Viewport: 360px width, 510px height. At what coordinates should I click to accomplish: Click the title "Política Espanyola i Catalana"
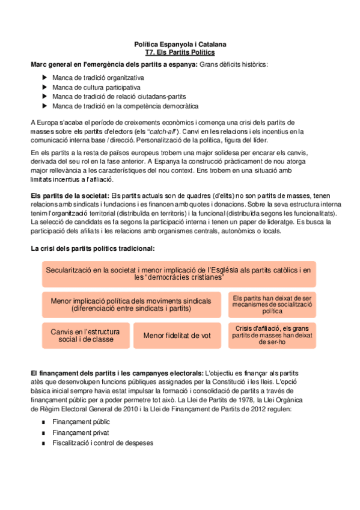[x=180, y=45]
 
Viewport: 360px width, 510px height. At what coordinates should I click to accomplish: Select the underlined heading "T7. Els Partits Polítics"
[x=180, y=52]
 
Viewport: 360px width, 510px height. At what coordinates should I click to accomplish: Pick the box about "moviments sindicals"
[x=131, y=304]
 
